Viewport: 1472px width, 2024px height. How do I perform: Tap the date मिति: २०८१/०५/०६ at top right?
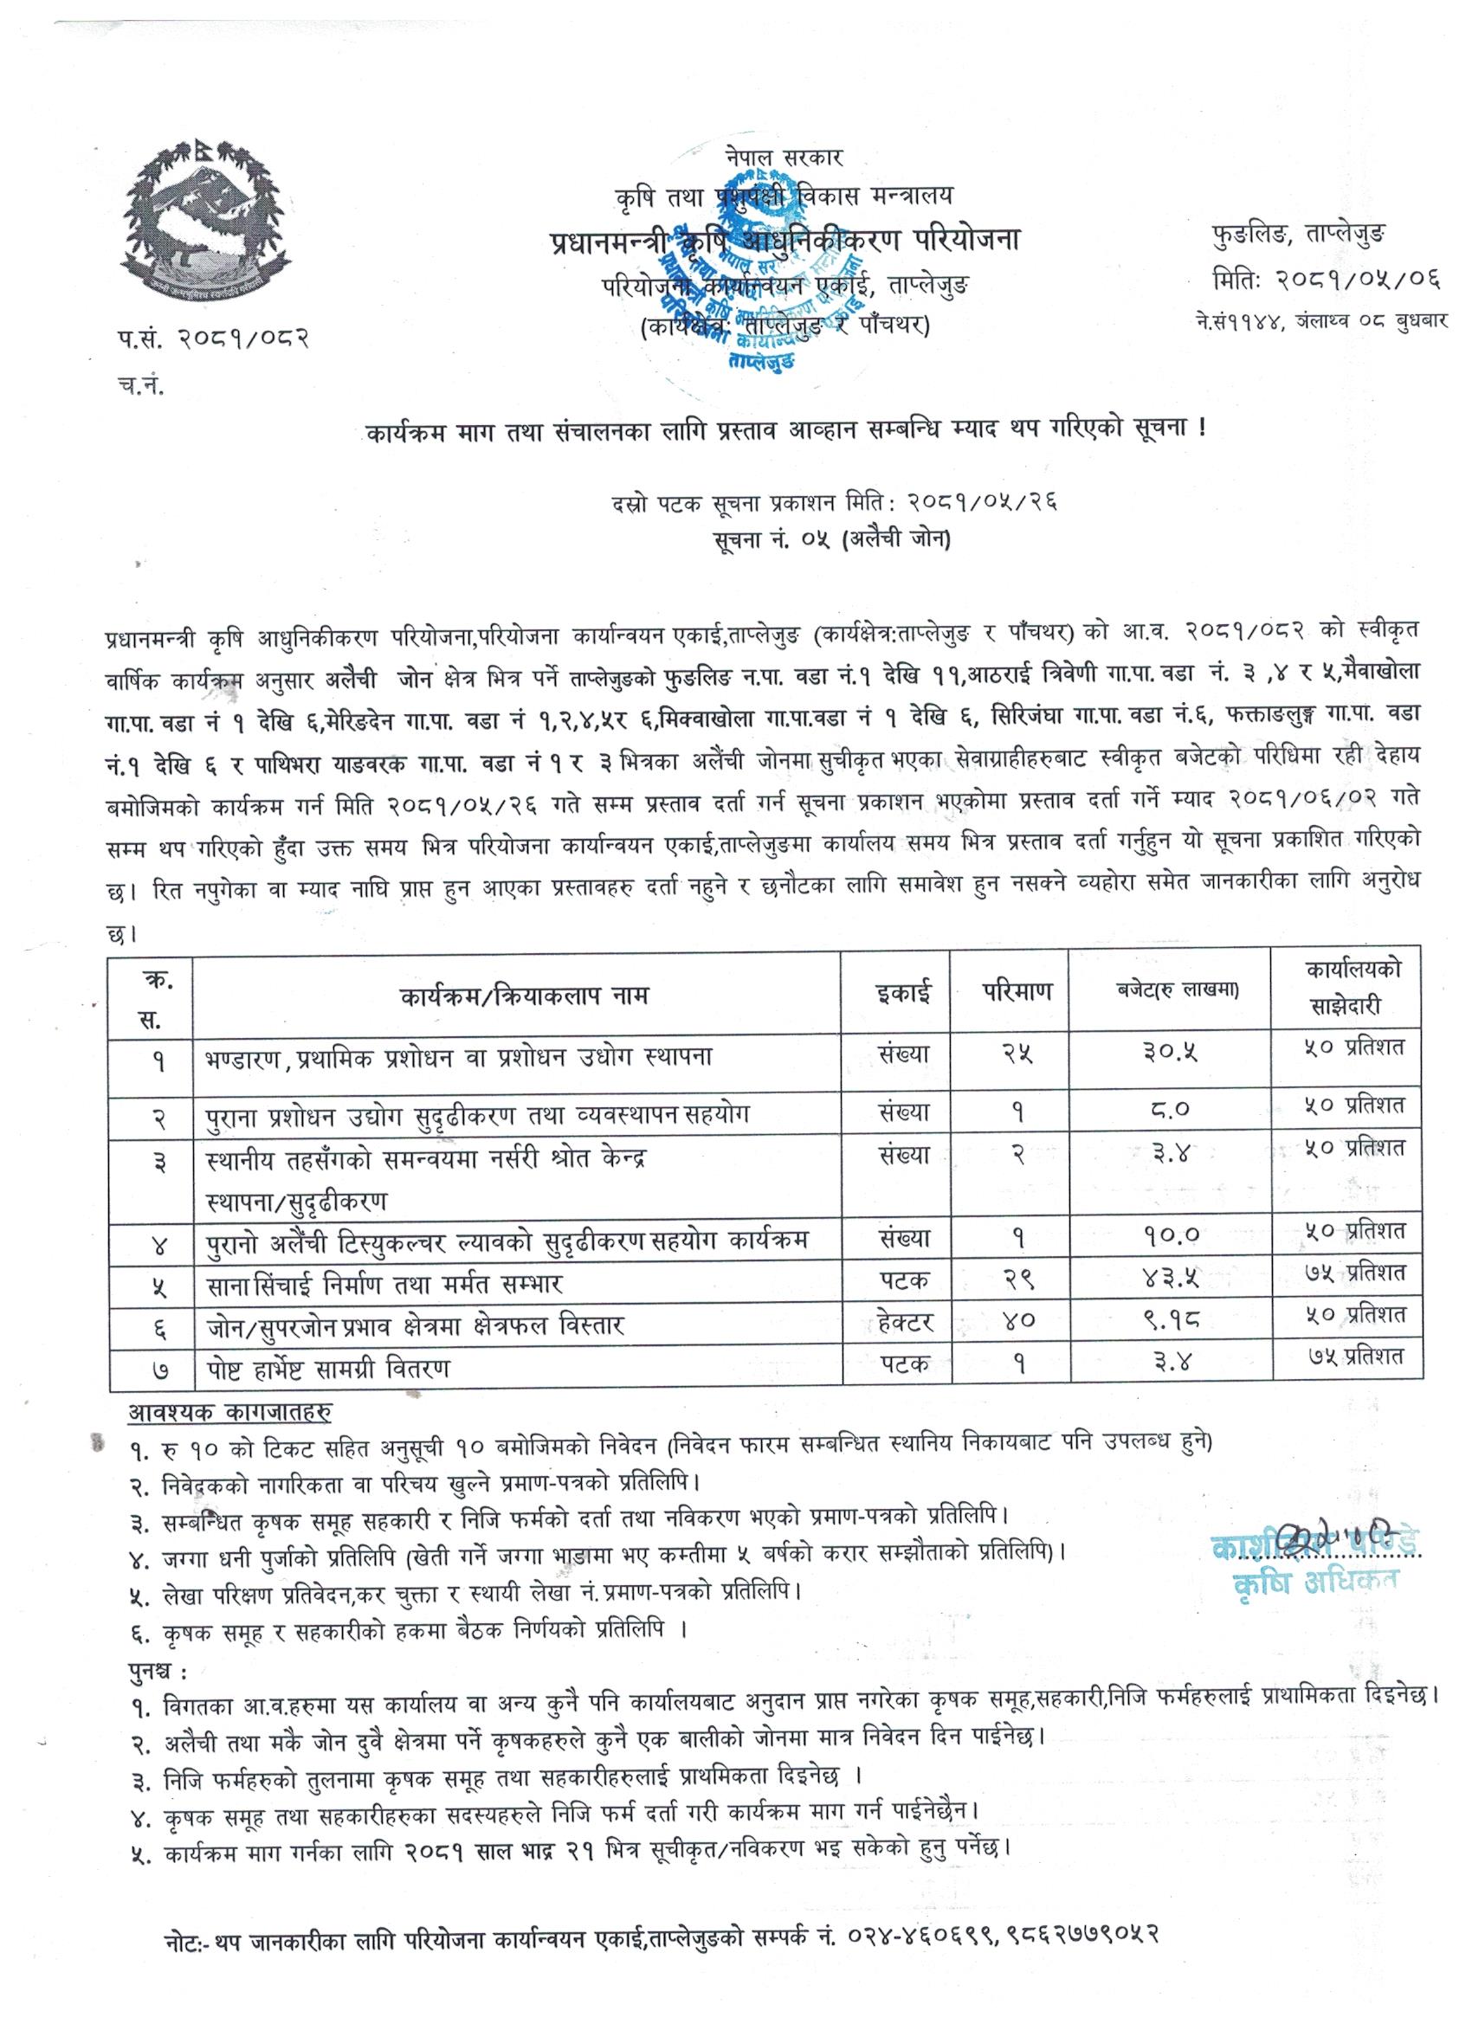1327,280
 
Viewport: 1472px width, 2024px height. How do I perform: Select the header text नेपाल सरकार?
784,157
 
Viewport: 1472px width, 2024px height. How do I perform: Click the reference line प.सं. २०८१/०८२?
211,338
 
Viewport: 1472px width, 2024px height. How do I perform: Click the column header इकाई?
904,993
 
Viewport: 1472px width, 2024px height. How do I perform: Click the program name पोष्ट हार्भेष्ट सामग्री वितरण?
328,1367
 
